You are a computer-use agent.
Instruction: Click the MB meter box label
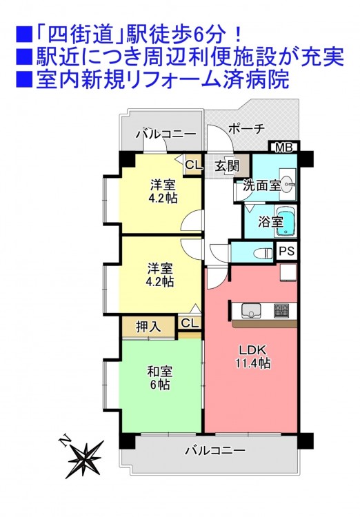284,148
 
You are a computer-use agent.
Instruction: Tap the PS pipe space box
286,252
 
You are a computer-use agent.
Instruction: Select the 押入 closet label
148,327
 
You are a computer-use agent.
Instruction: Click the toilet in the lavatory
263,253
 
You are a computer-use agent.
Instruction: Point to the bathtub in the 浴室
285,221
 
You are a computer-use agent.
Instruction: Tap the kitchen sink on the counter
251,311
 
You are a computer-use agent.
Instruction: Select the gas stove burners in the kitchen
281,311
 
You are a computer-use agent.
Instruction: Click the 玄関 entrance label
227,166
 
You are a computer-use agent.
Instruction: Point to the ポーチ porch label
246,128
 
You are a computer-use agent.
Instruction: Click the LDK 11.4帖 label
253,356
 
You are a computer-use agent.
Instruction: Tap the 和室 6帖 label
160,378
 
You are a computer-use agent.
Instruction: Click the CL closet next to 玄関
193,165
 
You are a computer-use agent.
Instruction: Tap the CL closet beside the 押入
190,323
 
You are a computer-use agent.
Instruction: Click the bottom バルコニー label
214,450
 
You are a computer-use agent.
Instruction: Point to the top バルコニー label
166,134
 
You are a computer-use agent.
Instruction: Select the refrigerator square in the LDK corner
289,273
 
